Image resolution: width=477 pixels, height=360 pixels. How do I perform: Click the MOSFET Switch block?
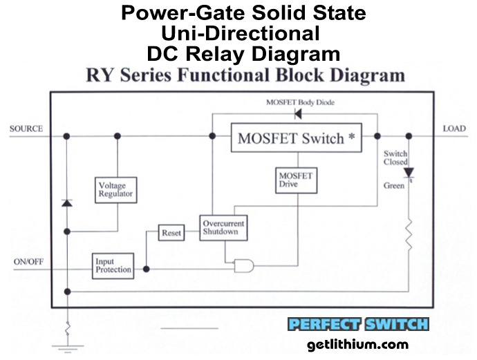click(x=295, y=138)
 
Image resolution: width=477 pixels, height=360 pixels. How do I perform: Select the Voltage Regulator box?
click(x=116, y=190)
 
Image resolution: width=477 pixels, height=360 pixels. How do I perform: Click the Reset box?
click(x=171, y=233)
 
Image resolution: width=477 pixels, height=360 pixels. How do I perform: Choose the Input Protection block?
click(x=113, y=265)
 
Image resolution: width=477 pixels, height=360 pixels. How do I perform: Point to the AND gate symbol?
click(x=244, y=265)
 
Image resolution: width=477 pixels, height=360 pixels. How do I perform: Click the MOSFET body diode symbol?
click(x=298, y=115)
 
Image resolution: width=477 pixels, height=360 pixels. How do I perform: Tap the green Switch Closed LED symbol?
click(x=409, y=172)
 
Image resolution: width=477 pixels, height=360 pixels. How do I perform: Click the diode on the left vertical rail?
click(x=67, y=202)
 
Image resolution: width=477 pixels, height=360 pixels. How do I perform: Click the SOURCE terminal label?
click(x=26, y=129)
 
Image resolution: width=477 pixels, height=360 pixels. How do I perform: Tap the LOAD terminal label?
click(x=453, y=129)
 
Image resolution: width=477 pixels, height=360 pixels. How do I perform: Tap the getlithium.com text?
click(x=358, y=344)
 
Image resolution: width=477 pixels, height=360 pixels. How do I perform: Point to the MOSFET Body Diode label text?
click(x=299, y=102)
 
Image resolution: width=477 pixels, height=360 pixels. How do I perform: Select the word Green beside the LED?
click(x=393, y=186)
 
